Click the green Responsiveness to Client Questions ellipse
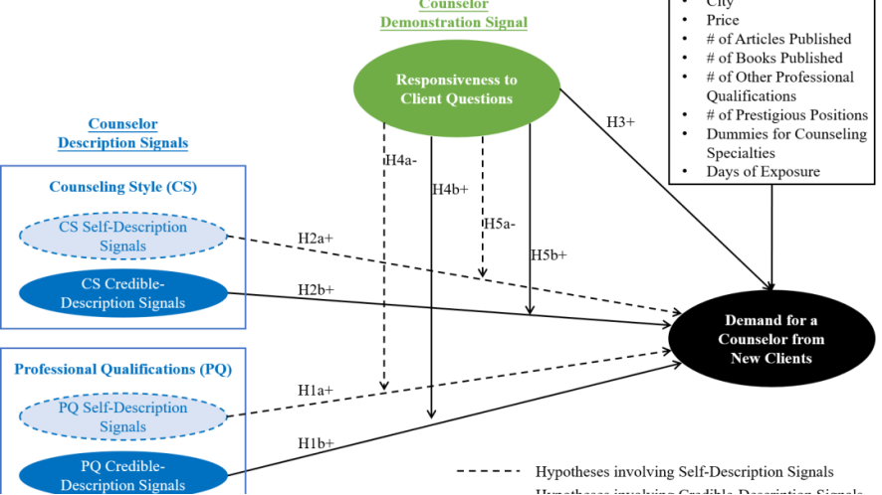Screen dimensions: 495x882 tap(457, 88)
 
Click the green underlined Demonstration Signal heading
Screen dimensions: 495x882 tap(454, 22)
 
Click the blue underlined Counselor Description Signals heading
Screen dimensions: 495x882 tap(122, 134)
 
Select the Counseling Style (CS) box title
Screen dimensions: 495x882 tap(122, 187)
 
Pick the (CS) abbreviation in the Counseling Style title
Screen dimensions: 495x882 tap(181, 187)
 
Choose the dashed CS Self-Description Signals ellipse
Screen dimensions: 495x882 tap(122, 236)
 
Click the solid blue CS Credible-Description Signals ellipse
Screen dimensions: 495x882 tap(122, 293)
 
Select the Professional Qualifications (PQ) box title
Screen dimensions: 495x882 tap(122, 370)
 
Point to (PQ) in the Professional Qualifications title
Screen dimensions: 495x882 tap(215, 370)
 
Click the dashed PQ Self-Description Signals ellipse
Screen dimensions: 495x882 tap(122, 417)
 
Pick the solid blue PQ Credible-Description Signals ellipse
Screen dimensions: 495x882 tap(122, 475)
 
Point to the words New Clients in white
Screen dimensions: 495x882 tap(772, 358)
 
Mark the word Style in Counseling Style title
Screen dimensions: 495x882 tap(143, 187)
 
